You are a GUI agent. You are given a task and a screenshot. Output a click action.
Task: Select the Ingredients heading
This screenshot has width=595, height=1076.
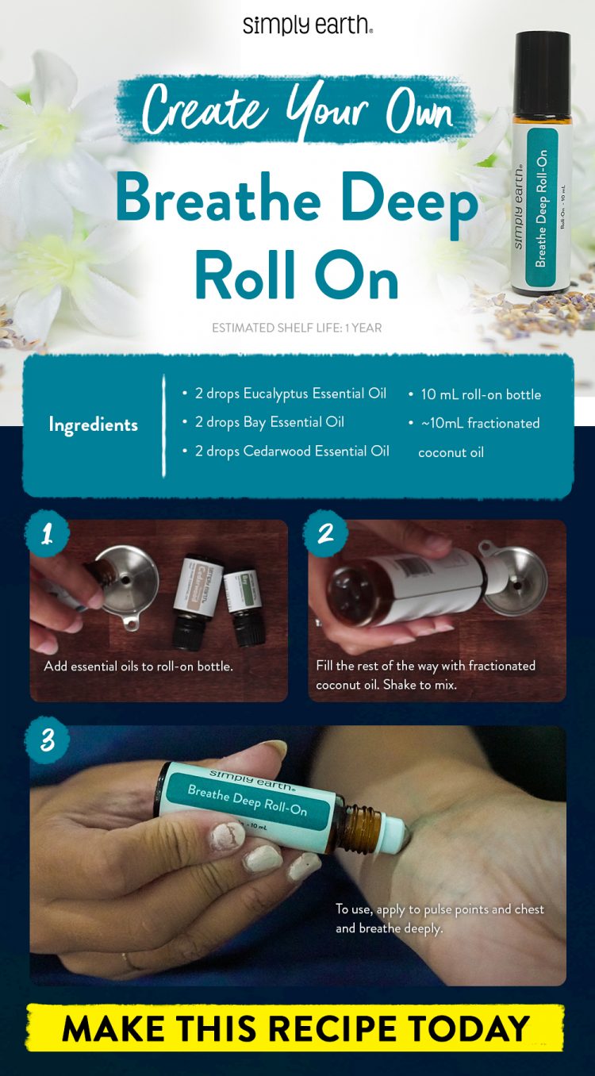pyautogui.click(x=93, y=425)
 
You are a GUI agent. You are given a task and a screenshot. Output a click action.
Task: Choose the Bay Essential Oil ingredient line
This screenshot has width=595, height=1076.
pyautogui.click(x=269, y=422)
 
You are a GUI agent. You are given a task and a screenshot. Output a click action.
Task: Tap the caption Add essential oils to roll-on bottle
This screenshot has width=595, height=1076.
pyautogui.click(x=139, y=666)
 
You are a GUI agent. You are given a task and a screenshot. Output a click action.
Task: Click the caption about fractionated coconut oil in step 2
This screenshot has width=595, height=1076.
pyautogui.click(x=425, y=674)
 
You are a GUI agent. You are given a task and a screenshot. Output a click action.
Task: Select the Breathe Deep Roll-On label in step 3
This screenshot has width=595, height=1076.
pyautogui.click(x=247, y=801)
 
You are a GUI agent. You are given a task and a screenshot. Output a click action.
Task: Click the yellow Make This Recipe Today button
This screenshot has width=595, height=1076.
pyautogui.click(x=296, y=1028)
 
